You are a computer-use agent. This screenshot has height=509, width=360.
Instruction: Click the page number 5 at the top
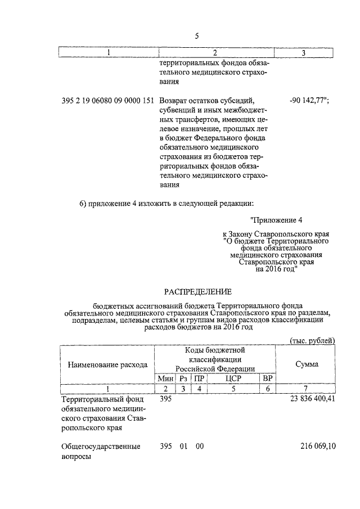click(197, 37)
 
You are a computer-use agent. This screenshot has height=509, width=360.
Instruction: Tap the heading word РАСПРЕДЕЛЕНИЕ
click(198, 291)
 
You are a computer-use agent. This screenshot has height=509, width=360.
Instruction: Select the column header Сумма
click(307, 364)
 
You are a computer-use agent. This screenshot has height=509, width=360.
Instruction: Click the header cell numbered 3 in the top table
click(304, 53)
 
